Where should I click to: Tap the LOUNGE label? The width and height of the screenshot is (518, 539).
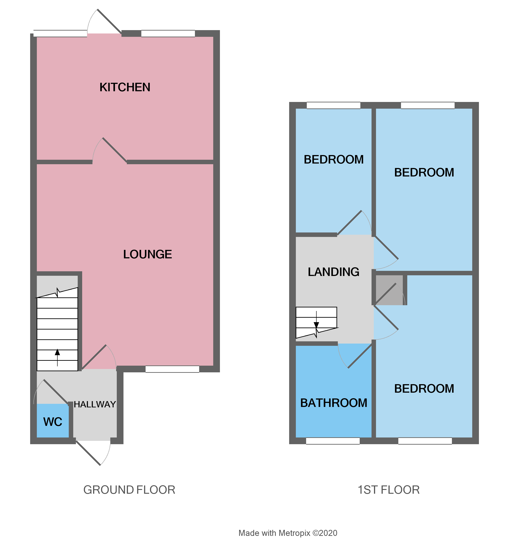(148, 254)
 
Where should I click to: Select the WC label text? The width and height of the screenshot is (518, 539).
(52, 422)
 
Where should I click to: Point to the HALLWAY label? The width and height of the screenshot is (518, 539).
(95, 404)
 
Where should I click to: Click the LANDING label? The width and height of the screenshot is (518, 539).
(333, 272)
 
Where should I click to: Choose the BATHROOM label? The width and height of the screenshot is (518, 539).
(334, 403)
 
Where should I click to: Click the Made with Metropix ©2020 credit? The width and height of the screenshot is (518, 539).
(288, 533)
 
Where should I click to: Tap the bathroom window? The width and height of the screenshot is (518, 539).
(333, 441)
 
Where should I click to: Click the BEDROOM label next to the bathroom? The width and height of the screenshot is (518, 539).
(424, 389)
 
